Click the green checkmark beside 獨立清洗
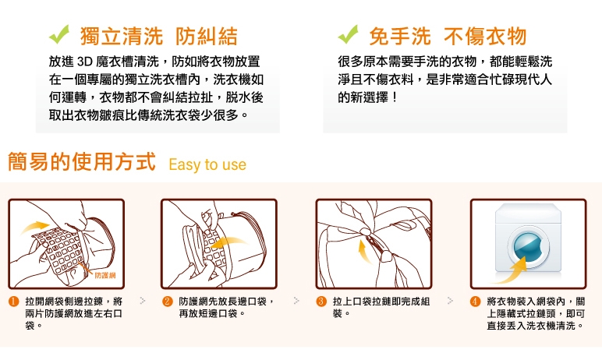(58, 35)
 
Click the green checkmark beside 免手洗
(348, 35)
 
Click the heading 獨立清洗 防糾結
(159, 36)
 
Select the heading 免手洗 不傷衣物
(448, 36)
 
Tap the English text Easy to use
(207, 164)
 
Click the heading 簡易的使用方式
(82, 161)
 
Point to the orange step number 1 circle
(14, 302)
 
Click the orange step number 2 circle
(168, 302)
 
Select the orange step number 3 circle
(321, 302)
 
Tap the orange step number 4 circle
(476, 302)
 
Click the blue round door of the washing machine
(528, 246)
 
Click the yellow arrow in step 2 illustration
(228, 242)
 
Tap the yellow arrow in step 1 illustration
(34, 227)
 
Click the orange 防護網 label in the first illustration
(104, 275)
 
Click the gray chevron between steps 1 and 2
(143, 301)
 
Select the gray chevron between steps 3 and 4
(451, 301)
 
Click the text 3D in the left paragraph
(84, 62)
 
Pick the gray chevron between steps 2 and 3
(296, 301)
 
